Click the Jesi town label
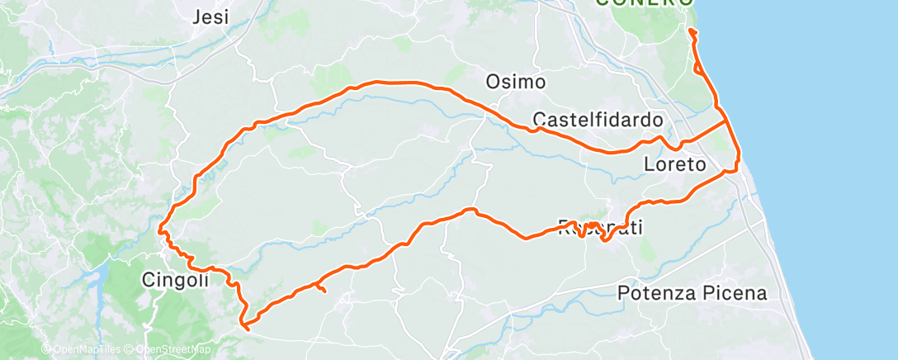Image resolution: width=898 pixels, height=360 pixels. (x=210, y=17)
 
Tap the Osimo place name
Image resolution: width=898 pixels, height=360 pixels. (x=516, y=82)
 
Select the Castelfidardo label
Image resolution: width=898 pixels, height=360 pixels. (x=598, y=119)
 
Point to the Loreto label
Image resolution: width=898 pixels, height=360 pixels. (x=674, y=165)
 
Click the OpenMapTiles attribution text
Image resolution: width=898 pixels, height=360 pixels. (x=81, y=350)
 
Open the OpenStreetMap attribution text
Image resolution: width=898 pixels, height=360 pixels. (x=177, y=350)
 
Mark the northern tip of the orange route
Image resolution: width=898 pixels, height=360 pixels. (x=689, y=31)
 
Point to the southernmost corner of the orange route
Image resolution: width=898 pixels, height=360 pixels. (x=246, y=328)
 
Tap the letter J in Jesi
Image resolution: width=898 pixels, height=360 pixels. (x=196, y=17)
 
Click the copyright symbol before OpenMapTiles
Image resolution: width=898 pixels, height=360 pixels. (x=46, y=350)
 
